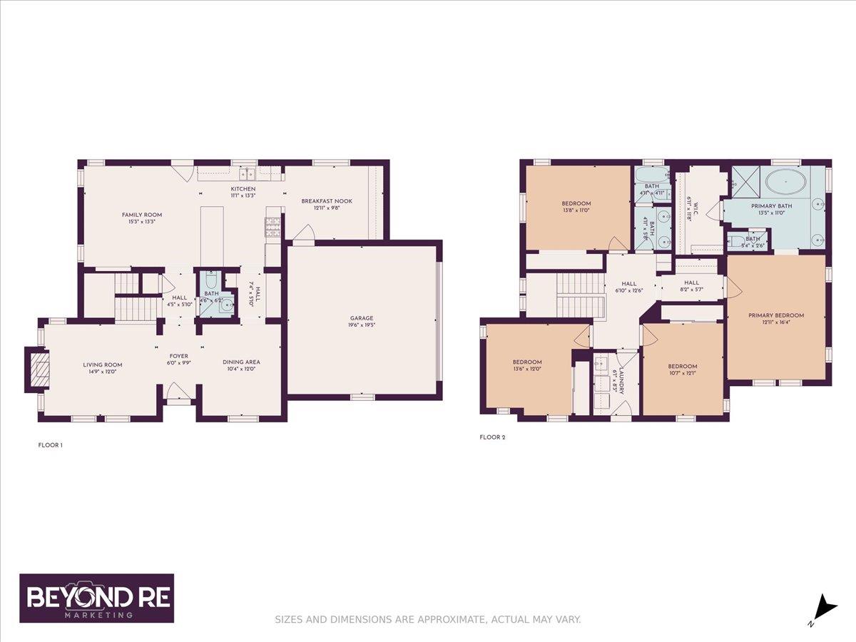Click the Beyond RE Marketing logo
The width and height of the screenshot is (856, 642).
point(96,598)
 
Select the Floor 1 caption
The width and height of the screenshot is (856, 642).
point(50,445)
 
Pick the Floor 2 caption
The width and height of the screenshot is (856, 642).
point(493,437)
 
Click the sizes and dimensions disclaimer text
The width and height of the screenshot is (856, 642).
point(428,619)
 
